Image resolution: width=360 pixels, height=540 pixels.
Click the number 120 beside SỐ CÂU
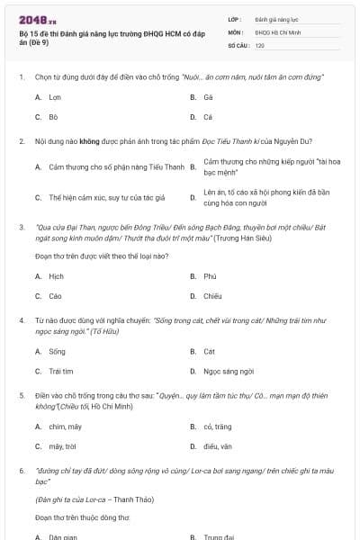(260, 44)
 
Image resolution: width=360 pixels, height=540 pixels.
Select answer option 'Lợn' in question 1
(55, 96)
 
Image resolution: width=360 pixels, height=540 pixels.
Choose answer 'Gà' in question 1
(208, 96)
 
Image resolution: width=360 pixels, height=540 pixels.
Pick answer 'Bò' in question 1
(53, 117)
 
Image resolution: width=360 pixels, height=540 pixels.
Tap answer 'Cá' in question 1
(208, 117)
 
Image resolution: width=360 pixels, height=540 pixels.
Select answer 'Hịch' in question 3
(56, 276)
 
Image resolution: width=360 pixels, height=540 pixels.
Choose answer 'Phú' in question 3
(210, 276)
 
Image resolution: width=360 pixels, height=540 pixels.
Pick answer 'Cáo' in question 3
(56, 296)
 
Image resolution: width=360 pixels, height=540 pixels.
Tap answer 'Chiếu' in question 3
(212, 296)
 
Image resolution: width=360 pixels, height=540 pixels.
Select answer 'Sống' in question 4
(57, 351)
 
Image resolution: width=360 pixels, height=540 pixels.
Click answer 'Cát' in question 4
(209, 351)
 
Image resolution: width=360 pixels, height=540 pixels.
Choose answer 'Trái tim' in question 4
(60, 371)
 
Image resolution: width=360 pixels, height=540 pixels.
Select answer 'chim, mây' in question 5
(65, 426)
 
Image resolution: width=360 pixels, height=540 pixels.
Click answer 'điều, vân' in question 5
(218, 445)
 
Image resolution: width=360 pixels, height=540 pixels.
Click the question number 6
(21, 470)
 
